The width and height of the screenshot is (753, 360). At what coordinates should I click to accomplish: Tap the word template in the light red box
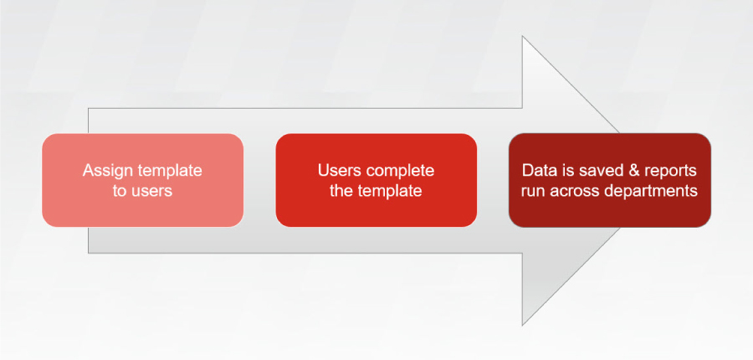[170, 171]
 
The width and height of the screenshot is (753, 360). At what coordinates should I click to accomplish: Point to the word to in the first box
[119, 191]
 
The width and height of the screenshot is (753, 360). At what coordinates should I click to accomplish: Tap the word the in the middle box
[341, 191]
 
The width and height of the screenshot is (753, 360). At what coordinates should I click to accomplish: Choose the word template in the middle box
[390, 191]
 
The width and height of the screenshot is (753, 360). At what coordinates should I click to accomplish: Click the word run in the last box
[534, 192]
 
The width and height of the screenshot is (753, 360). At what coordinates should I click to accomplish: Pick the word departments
[651, 191]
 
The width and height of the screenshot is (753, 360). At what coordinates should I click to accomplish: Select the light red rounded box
[142, 180]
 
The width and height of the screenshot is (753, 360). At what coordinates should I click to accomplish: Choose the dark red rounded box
[610, 180]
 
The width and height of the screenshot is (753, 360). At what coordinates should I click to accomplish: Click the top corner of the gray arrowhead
[522, 36]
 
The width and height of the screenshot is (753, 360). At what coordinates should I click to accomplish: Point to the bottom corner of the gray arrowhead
[522, 326]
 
